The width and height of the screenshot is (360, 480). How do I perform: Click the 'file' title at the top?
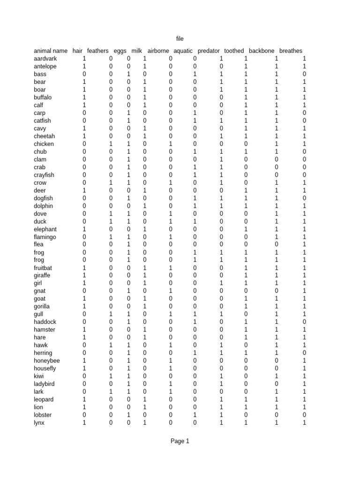point(180,39)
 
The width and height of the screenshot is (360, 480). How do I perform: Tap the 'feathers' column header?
point(97,51)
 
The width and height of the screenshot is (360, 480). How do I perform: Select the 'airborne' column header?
point(158,51)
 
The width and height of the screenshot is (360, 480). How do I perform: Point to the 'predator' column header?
point(209,51)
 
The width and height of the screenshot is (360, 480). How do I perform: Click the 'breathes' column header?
point(291,51)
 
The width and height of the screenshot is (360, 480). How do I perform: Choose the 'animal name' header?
point(51,51)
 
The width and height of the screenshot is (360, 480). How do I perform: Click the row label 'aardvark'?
point(45,59)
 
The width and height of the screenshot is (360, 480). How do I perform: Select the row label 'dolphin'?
point(44,206)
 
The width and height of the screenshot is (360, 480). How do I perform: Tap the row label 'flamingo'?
point(45,237)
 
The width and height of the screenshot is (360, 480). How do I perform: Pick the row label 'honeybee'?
point(47,360)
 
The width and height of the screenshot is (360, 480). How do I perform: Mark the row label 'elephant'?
point(45,229)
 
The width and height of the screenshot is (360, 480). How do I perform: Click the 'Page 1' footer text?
point(180,441)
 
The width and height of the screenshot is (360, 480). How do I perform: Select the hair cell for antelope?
point(84,67)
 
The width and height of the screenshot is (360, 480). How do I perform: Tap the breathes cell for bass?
point(304,74)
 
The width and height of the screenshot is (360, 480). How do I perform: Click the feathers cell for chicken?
point(111,144)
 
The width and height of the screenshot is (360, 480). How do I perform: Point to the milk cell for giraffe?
point(145,275)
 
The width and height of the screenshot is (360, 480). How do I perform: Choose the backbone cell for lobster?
point(277,415)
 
